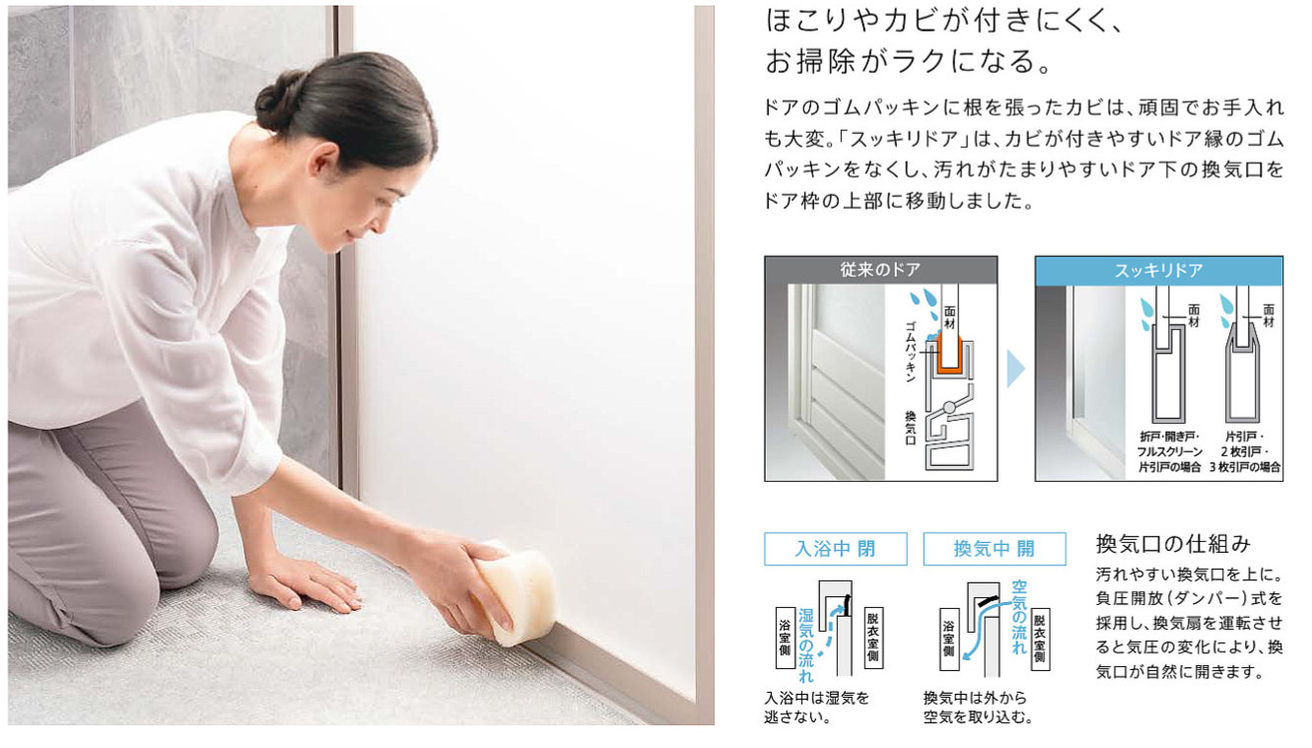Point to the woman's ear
325,158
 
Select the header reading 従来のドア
880,270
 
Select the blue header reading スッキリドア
1158,271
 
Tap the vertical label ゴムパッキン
910,352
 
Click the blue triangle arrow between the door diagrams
1015,369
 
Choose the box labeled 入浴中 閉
836,549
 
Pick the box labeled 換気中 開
995,549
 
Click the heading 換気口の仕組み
1173,544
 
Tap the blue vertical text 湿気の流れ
806,646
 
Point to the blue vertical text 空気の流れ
1019,617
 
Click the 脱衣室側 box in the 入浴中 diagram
873,638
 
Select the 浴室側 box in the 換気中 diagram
949,639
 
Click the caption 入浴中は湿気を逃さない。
816,708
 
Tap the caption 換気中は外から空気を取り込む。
978,708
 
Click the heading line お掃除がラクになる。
910,61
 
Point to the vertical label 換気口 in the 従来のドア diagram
910,428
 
